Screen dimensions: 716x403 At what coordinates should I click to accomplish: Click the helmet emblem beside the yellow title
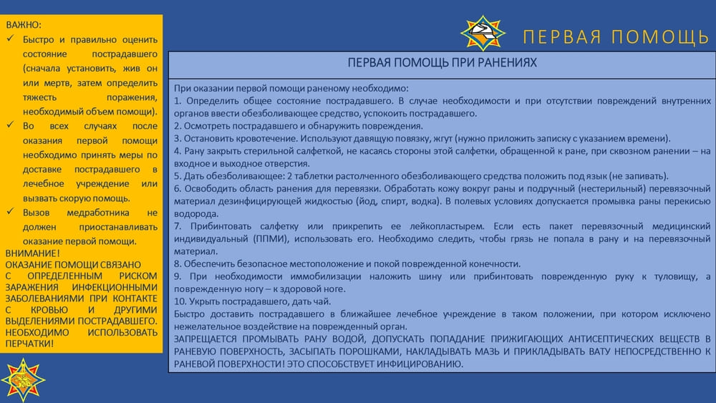[x=483, y=33]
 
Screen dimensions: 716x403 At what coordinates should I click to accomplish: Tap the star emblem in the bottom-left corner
[x=23, y=379]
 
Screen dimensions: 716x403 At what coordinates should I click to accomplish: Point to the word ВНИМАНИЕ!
[x=32, y=253]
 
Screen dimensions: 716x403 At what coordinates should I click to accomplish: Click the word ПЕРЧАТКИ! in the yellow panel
[x=29, y=344]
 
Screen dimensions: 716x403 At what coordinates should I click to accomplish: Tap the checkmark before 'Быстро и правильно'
[x=11, y=39]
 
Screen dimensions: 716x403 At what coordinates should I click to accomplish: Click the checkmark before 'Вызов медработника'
[x=11, y=212]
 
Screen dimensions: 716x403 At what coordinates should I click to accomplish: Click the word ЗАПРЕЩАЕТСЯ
[x=205, y=339]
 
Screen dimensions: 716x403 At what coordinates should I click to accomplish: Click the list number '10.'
[x=180, y=301]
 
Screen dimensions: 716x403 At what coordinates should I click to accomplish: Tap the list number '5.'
[x=178, y=176]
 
